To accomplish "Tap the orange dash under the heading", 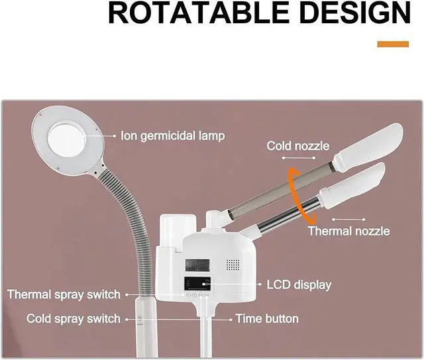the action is (x=393, y=44).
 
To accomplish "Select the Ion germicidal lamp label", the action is (x=172, y=136).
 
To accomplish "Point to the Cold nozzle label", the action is (x=297, y=145).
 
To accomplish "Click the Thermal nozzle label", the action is (x=348, y=231).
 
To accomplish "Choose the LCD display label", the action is (x=298, y=285).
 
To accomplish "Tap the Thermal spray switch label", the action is (x=64, y=294).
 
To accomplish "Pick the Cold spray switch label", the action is (x=74, y=318).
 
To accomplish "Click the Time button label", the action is (x=267, y=318).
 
